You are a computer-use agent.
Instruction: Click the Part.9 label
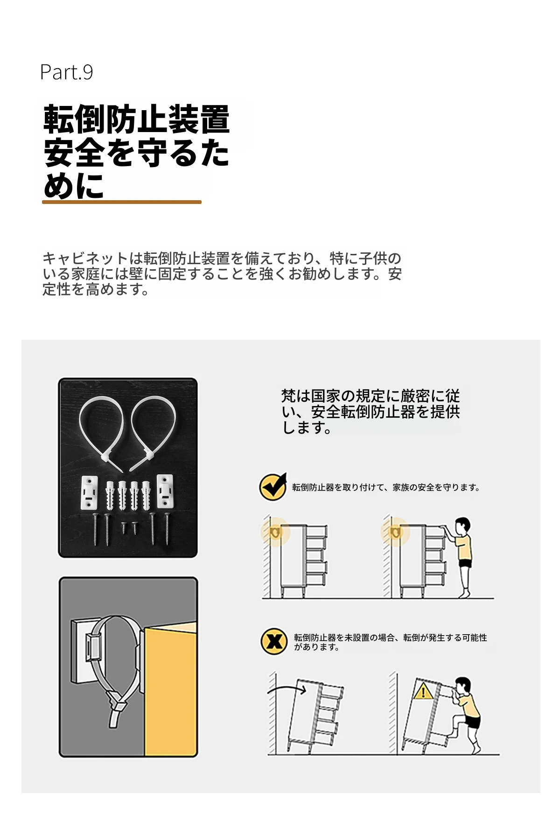(x=66, y=72)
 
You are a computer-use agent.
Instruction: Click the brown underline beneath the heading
(x=122, y=202)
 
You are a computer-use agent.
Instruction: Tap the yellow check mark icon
(x=273, y=487)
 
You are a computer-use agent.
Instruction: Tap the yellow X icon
(x=274, y=641)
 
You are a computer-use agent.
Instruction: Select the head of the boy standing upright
(x=462, y=526)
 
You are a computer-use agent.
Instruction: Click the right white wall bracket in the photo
(x=165, y=491)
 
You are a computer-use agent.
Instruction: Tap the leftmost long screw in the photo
(x=96, y=529)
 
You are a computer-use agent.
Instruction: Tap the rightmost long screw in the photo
(x=167, y=528)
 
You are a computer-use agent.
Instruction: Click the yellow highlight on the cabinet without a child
(x=275, y=532)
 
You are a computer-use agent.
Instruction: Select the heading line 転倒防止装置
(x=136, y=119)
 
